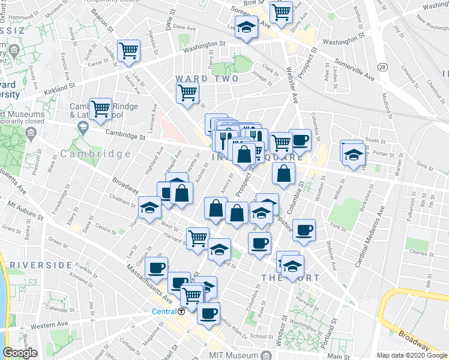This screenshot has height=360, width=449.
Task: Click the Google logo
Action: (x=20, y=353)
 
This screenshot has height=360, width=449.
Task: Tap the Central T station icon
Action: (x=181, y=311)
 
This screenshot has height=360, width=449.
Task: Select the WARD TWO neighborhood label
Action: (x=206, y=79)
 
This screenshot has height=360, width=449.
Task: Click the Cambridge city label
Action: (x=95, y=154)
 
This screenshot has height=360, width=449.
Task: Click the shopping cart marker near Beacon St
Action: (x=128, y=51)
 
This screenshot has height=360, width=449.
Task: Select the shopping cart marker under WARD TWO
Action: (x=187, y=94)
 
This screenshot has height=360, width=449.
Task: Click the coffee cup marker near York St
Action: (x=305, y=230)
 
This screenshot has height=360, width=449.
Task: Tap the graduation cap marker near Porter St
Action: (x=353, y=154)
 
